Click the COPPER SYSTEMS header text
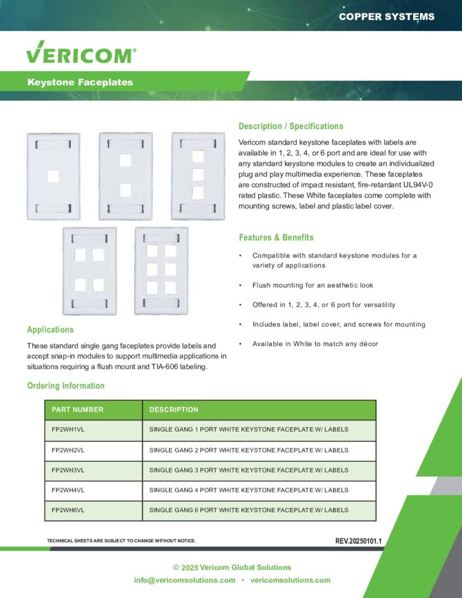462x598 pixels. pos(387,16)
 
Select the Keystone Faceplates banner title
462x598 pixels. pos(80,82)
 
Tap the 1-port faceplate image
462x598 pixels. pos(53,176)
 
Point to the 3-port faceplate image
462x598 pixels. pos(197,176)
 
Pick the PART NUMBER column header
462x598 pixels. pos(78,410)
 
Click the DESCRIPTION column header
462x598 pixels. pos(174,410)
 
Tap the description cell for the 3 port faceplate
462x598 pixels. pos(249,470)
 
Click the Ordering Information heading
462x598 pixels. pos(66,385)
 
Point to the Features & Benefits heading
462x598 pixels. pos(276,238)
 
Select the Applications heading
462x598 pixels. pos(50,329)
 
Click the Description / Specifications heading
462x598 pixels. pos(291,126)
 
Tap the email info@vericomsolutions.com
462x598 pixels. pos(185,580)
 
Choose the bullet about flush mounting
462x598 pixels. pos(312,286)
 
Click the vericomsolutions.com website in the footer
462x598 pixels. pos(290,580)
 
